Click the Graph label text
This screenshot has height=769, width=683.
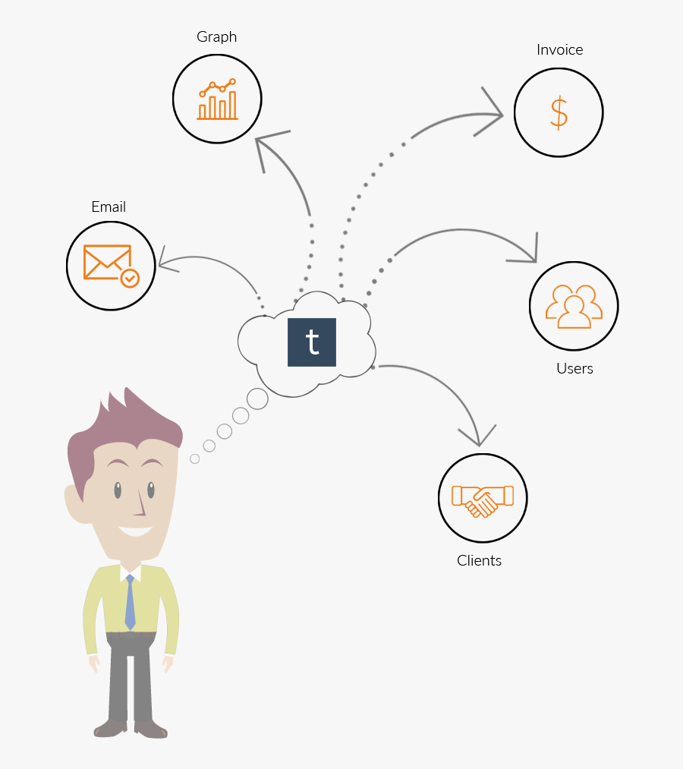coord(217,37)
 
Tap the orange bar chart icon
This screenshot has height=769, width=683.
coord(218,99)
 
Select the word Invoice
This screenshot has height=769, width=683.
coord(559,49)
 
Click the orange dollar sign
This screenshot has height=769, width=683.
coord(559,113)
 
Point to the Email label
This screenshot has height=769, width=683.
coord(109,207)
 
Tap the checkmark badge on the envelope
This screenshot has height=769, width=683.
coord(130,278)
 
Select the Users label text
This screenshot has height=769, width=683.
coord(574,369)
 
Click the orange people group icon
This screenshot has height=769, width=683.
coord(574,306)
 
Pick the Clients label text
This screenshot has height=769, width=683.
coord(479,560)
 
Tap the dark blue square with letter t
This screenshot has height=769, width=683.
coord(312,342)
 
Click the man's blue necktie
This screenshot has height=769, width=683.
coord(130,602)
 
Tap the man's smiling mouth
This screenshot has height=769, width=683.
coord(135,531)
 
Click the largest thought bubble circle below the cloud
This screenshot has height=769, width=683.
coord(257,399)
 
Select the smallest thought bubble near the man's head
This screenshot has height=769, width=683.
coord(194,459)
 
